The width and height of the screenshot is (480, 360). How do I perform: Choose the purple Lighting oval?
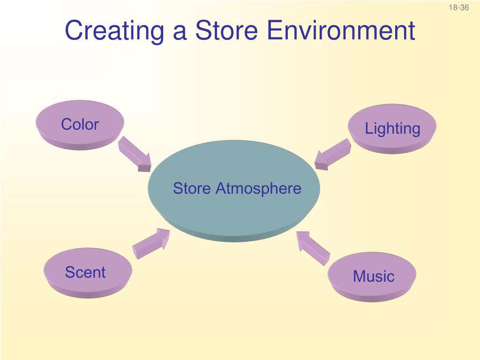point(392,128)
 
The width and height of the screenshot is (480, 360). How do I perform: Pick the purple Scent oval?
point(87,272)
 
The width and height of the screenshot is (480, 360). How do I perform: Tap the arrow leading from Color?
point(134,153)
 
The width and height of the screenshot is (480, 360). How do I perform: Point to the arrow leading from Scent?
point(151,242)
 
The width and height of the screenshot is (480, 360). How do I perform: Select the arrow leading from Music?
point(313,247)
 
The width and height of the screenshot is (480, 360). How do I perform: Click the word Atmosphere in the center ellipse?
point(258,189)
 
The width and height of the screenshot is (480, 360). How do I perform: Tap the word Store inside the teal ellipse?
point(192,189)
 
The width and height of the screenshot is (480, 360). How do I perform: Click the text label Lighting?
point(392,128)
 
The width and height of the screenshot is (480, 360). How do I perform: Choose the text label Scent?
point(85,272)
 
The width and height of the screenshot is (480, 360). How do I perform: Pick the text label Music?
point(374,276)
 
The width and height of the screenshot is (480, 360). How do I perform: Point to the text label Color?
point(80,125)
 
